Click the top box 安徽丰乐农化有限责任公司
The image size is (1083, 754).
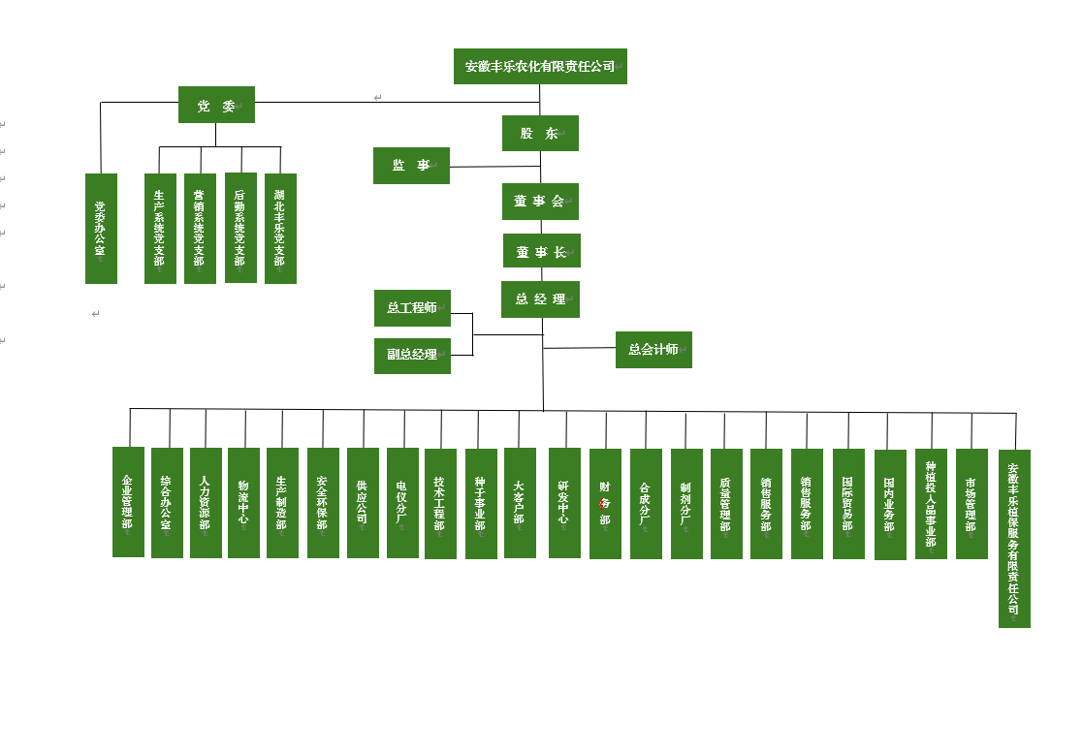click(540, 66)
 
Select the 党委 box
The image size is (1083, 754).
click(216, 105)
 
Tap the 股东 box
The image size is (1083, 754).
click(540, 133)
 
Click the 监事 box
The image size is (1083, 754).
click(411, 166)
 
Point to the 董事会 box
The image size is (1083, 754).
click(540, 202)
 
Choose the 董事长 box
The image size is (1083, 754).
click(541, 251)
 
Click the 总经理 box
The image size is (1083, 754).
click(540, 299)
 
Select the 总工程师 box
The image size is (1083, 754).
click(412, 308)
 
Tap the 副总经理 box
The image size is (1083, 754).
click(412, 356)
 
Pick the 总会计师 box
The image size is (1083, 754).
click(653, 350)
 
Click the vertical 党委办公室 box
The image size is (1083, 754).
click(101, 229)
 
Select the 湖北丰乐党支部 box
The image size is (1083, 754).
click(280, 229)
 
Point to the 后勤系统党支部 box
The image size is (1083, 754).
click(240, 228)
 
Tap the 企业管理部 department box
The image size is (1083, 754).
click(128, 502)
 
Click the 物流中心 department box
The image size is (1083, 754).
click(243, 503)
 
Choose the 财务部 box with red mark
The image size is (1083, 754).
click(605, 504)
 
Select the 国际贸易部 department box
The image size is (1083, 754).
click(848, 504)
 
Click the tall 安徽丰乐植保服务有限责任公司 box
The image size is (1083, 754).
click(1014, 539)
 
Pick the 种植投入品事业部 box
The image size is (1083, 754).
click(931, 504)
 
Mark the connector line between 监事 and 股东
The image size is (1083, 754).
click(494, 167)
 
